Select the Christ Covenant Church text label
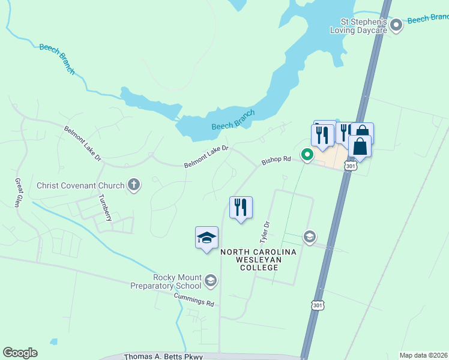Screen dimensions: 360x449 click(80, 185)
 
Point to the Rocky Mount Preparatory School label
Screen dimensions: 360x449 click(167, 281)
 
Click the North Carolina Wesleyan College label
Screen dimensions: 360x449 click(258, 260)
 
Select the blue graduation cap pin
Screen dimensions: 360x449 click(206, 238)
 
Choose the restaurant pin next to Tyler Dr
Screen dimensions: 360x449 click(241, 208)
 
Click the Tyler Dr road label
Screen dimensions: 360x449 click(264, 232)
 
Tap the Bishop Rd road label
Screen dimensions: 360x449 click(276, 161)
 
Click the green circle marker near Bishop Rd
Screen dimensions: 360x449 click(307, 155)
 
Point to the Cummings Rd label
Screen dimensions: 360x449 click(194, 300)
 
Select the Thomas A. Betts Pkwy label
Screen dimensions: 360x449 click(163, 356)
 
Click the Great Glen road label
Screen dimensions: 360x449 click(19, 192)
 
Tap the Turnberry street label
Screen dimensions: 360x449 click(105, 208)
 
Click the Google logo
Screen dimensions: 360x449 click(20, 353)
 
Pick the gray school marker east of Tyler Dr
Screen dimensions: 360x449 click(310, 236)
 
